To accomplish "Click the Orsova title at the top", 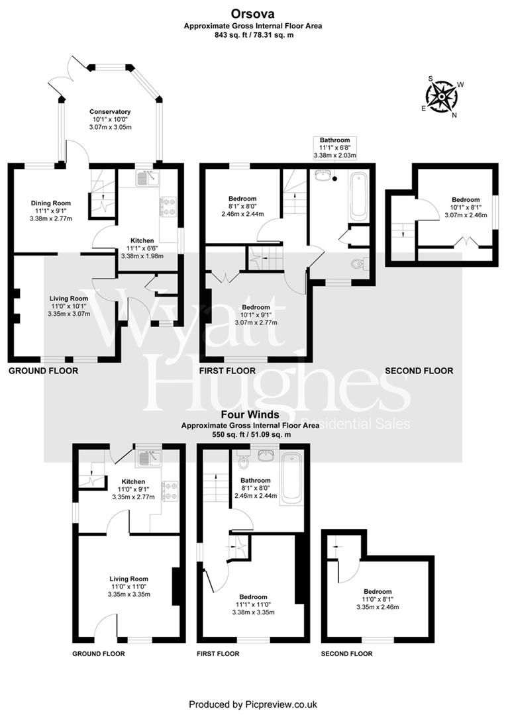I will coord(252,13).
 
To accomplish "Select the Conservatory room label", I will coord(110,111).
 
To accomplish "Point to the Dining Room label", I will coord(51,203).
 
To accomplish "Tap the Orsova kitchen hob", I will coord(167,208).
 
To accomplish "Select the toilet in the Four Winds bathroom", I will coord(242,457).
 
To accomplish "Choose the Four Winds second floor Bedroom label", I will coord(377,591).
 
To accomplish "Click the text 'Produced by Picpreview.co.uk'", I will coord(253,704).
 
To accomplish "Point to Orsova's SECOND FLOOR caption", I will coord(419,371).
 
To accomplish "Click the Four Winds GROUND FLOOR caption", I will coord(98,653).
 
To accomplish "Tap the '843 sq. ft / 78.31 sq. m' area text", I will coord(252,34).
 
